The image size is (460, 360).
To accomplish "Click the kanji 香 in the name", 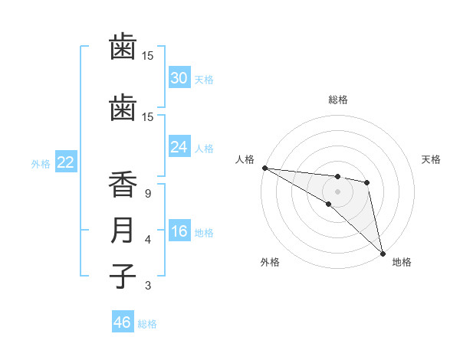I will pyautogui.click(x=123, y=186).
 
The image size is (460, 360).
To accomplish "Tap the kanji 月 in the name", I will pyautogui.click(x=123, y=231).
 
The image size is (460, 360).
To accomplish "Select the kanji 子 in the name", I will pyautogui.click(x=123, y=276).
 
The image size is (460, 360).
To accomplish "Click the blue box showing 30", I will pyautogui.click(x=179, y=78).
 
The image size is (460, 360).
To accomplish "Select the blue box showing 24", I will pyautogui.click(x=179, y=147).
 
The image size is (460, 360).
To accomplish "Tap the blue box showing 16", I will pyautogui.click(x=179, y=231).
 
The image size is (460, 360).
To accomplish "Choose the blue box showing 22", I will pyautogui.click(x=66, y=162).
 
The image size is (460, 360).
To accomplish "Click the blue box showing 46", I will pyautogui.click(x=122, y=322).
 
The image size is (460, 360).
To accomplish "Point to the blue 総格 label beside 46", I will pyautogui.click(x=147, y=324).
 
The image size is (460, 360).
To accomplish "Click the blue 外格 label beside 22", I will pyautogui.click(x=41, y=163).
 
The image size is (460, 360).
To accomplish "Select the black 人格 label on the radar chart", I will pyautogui.click(x=245, y=159).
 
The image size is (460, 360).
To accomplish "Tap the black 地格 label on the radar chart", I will pyautogui.click(x=402, y=262).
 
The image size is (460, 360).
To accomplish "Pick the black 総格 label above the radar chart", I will pyautogui.click(x=337, y=100).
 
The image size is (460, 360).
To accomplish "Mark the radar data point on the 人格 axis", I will pyautogui.click(x=264, y=168).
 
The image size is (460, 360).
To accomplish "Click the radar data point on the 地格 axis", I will pyautogui.click(x=383, y=253).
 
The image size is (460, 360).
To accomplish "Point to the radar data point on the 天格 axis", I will pyautogui.click(x=367, y=182).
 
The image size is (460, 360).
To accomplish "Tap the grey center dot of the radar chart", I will pyautogui.click(x=337, y=191).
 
